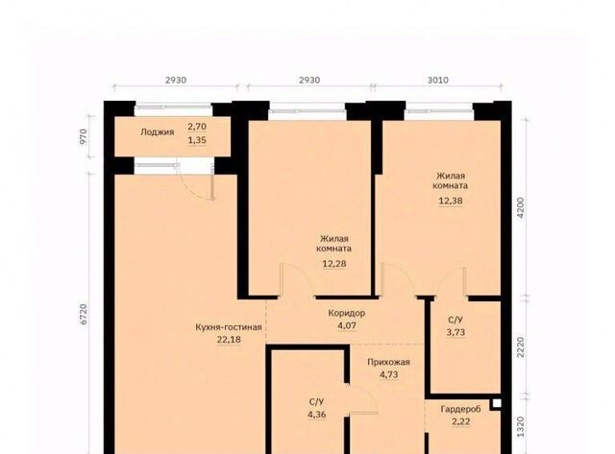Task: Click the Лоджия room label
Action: click(157, 132)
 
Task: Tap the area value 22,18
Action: click(229, 340)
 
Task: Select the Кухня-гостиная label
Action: click(229, 327)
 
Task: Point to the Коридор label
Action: click(346, 313)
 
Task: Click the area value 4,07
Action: click(347, 325)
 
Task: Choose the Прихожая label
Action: click(388, 362)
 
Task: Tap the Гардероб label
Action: click(460, 409)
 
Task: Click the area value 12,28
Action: click(334, 264)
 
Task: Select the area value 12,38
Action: click(451, 201)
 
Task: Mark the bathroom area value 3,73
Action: click(455, 332)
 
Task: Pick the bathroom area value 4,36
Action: click(316, 415)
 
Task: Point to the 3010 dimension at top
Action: click(438, 81)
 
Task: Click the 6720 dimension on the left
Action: click(84, 314)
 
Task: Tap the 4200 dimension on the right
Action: click(521, 207)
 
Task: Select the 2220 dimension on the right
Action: click(521, 347)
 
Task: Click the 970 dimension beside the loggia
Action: click(84, 137)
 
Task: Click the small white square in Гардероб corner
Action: click(497, 403)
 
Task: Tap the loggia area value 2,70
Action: click(197, 127)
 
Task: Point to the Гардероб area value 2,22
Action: click(461, 422)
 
